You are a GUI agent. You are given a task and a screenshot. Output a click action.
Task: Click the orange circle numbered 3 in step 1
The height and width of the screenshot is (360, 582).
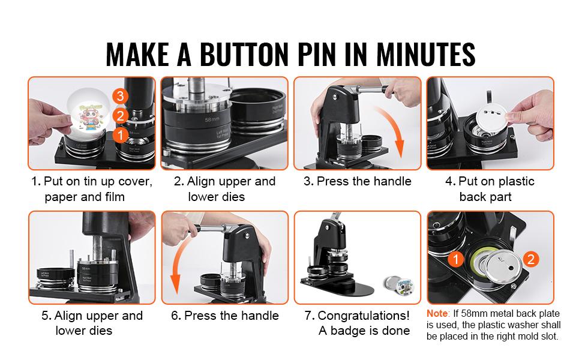coord(121,96)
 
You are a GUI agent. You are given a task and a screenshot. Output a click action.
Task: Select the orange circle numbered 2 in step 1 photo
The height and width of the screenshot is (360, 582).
coord(121,116)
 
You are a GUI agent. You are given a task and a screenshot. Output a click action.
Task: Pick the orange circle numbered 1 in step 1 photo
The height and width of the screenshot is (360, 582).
coord(120,135)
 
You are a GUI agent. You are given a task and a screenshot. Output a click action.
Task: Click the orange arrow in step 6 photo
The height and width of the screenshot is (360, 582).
coord(176,273)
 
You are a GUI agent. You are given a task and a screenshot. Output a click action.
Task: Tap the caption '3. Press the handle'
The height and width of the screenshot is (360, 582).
coord(357,182)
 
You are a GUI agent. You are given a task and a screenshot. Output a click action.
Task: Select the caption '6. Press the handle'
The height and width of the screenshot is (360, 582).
coord(224,316)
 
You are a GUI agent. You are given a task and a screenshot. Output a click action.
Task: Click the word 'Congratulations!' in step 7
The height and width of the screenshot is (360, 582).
coord(364,316)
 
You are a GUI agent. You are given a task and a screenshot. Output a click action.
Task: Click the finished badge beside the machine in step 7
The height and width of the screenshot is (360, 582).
coord(395,281)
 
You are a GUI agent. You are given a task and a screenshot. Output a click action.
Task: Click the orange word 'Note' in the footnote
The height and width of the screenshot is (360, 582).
coord(437,314)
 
